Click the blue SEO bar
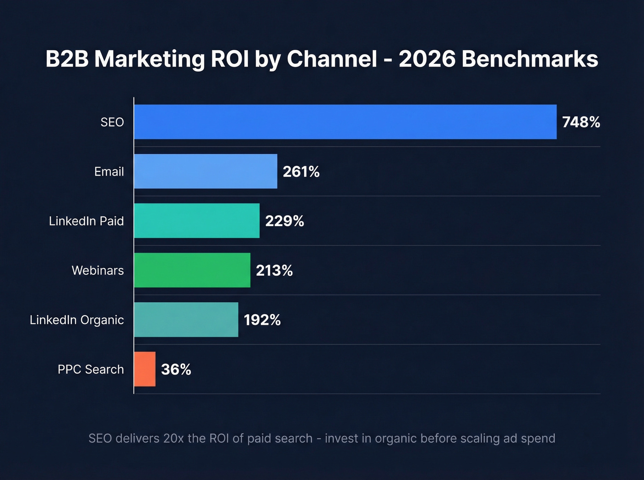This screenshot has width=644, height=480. coord(345,122)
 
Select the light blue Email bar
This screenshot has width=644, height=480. coord(206,171)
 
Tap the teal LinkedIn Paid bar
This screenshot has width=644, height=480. coord(197,221)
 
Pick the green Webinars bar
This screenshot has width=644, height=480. coord(192,270)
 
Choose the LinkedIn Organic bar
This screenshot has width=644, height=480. coord(186,320)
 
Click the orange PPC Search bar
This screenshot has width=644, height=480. coord(145,369)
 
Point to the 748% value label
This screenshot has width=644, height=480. coord(581,122)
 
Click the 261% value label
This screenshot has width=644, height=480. coord(301,172)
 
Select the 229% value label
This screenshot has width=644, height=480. coord(284,221)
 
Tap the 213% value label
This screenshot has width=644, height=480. coord(274,271)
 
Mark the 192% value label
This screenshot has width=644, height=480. coord(262,320)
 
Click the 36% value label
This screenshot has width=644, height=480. coord(176,369)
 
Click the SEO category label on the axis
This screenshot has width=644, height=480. coord(112,122)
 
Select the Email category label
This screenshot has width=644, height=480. coord(109,172)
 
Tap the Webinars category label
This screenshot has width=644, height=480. coord(98,271)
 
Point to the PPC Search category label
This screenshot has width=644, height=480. coord(91,369)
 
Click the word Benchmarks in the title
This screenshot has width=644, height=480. coord(529,59)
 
